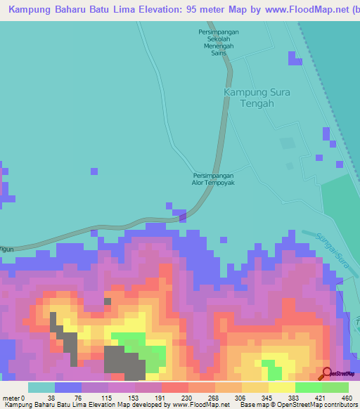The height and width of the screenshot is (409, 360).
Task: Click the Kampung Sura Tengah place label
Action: coord(257,98)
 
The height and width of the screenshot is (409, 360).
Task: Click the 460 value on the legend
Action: coord(346,398)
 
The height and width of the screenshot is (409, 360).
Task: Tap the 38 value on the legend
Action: coord(51,398)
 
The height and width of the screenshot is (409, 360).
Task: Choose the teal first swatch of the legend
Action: coord(41,387)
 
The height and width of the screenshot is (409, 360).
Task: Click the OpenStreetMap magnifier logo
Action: coord(326,373)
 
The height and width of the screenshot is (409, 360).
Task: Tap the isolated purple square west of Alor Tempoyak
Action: coord(94,170)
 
